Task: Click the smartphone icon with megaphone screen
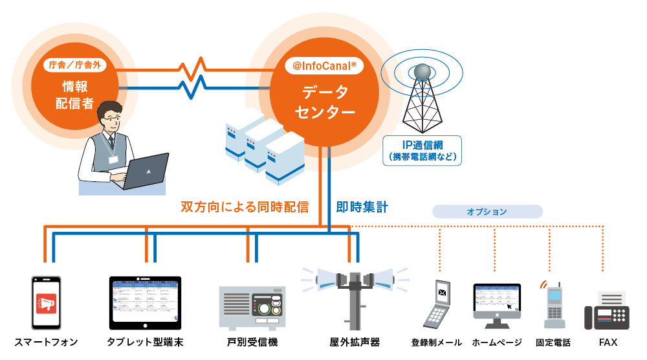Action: point(46,303)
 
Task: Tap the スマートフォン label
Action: point(46,342)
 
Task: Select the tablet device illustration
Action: point(146,302)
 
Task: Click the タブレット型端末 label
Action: point(146,342)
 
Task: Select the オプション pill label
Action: point(487,212)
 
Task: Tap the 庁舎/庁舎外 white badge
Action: point(75,65)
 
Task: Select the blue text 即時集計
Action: point(362,207)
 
